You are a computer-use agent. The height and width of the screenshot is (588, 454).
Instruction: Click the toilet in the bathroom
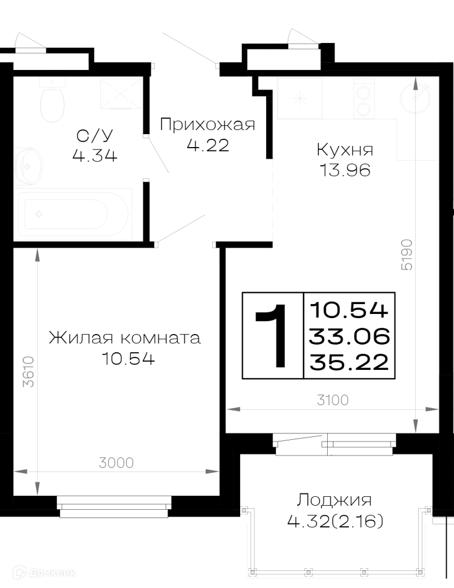[52, 100]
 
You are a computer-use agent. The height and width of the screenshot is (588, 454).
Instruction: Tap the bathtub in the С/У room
[73, 214]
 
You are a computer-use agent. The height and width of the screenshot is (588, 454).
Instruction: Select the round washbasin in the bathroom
[28, 166]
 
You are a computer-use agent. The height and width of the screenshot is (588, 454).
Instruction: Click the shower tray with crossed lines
[120, 94]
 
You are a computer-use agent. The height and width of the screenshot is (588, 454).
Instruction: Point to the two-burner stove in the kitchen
[364, 99]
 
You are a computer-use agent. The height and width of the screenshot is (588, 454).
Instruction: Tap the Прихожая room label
[207, 125]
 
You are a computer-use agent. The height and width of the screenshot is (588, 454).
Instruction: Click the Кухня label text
[345, 149]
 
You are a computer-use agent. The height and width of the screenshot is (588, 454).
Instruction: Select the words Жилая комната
[125, 338]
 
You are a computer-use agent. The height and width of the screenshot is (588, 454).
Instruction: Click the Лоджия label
[335, 500]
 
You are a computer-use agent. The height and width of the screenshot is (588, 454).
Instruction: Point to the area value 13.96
[345, 171]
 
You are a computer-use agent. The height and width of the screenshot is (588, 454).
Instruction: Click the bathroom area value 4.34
[95, 155]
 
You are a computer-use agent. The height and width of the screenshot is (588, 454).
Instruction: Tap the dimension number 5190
[406, 255]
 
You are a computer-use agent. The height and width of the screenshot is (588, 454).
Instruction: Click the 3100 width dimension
[332, 400]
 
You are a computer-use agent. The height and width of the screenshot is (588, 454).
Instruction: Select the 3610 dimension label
[28, 371]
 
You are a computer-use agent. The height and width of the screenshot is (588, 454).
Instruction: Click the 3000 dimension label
[116, 463]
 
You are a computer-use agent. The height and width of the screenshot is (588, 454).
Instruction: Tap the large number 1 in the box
[273, 335]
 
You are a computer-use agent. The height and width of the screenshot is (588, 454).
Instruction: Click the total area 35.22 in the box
[349, 363]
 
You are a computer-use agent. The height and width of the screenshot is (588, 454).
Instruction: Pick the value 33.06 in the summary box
[349, 336]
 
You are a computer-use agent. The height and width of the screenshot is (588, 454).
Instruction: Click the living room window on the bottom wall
[114, 507]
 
